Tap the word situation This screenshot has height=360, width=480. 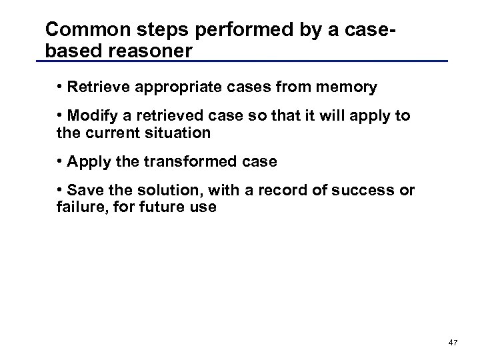[178, 133]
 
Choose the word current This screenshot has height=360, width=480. [111, 133]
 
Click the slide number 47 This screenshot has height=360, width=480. [453, 342]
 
